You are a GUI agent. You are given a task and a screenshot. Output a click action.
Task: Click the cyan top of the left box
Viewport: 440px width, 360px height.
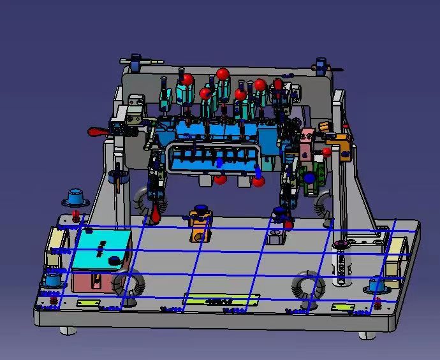tap(102, 250)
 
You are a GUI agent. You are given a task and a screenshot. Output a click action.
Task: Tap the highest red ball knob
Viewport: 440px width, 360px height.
tap(223, 74)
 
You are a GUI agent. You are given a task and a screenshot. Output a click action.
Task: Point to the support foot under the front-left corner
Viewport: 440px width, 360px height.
tap(67, 330)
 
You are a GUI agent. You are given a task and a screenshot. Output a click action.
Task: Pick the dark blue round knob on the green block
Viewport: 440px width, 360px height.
tap(309, 178)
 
